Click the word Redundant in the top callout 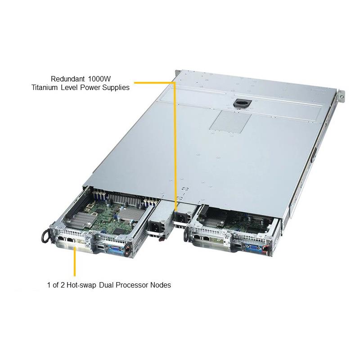tap(67, 79)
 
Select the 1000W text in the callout tap(99, 79)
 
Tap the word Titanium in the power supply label tap(44, 87)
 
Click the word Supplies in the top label tap(116, 88)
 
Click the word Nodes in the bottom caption tap(161, 285)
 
